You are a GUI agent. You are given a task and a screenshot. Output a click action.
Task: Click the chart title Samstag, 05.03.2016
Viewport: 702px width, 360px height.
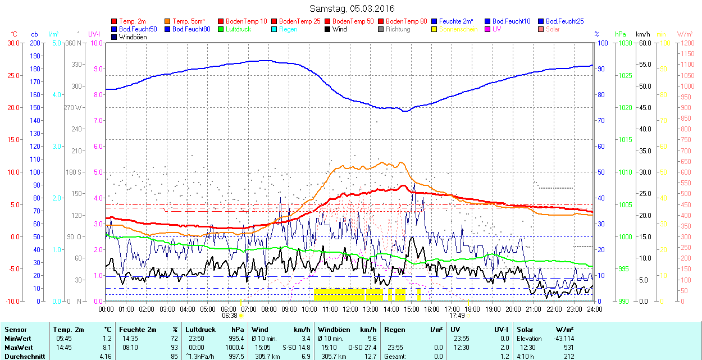click(352, 8)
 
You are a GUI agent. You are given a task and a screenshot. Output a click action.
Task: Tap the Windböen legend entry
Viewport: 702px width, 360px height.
click(133, 37)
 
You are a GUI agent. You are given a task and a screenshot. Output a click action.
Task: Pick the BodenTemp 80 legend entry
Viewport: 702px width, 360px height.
click(407, 21)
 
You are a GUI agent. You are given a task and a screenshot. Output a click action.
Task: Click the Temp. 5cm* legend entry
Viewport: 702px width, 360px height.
click(189, 21)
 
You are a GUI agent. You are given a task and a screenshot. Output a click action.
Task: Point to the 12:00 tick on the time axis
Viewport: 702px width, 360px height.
click(350, 309)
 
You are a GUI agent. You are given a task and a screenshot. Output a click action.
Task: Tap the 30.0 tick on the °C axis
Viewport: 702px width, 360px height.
click(13, 43)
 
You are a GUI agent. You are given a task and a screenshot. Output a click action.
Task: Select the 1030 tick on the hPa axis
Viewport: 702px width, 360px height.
click(623, 43)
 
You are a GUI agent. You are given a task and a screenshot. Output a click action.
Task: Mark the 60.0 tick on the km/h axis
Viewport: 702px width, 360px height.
click(644, 43)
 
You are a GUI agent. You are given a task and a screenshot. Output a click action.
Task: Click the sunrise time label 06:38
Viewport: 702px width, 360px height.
click(229, 316)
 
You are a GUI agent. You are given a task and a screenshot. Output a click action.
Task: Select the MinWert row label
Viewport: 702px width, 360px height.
click(17, 339)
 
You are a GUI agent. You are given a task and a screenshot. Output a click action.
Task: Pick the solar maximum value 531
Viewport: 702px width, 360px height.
click(568, 347)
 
